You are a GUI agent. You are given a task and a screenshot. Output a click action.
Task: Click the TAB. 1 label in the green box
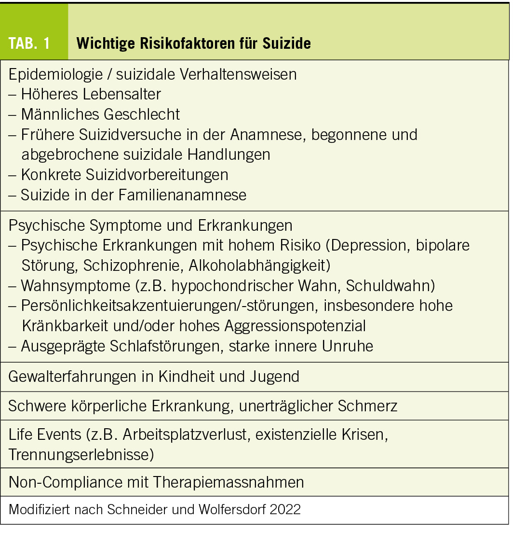point(29,43)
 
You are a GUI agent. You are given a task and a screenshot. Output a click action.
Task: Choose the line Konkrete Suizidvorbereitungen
point(124,174)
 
